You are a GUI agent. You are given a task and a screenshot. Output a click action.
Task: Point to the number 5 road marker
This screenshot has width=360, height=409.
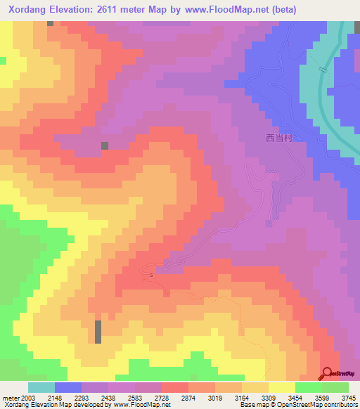point(150,275)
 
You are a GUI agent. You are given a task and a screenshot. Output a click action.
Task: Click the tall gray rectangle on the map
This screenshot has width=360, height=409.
point(98,332)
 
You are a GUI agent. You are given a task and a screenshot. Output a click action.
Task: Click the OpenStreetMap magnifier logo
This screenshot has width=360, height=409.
point(328,373)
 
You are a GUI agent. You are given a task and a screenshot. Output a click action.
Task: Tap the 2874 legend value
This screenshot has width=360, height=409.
point(188,397)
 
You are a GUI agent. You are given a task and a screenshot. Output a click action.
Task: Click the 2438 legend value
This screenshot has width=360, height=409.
point(108,397)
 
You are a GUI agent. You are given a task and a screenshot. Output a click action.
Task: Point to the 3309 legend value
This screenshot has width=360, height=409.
point(268,397)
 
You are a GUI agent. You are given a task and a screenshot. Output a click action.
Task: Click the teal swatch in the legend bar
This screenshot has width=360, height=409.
point(41,387)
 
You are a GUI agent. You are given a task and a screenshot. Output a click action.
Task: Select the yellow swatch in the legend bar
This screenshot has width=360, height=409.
point(282,387)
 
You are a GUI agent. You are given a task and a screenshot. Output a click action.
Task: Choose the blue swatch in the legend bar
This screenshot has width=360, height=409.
point(68,387)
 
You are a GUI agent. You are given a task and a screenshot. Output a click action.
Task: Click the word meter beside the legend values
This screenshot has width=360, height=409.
point(9,397)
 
